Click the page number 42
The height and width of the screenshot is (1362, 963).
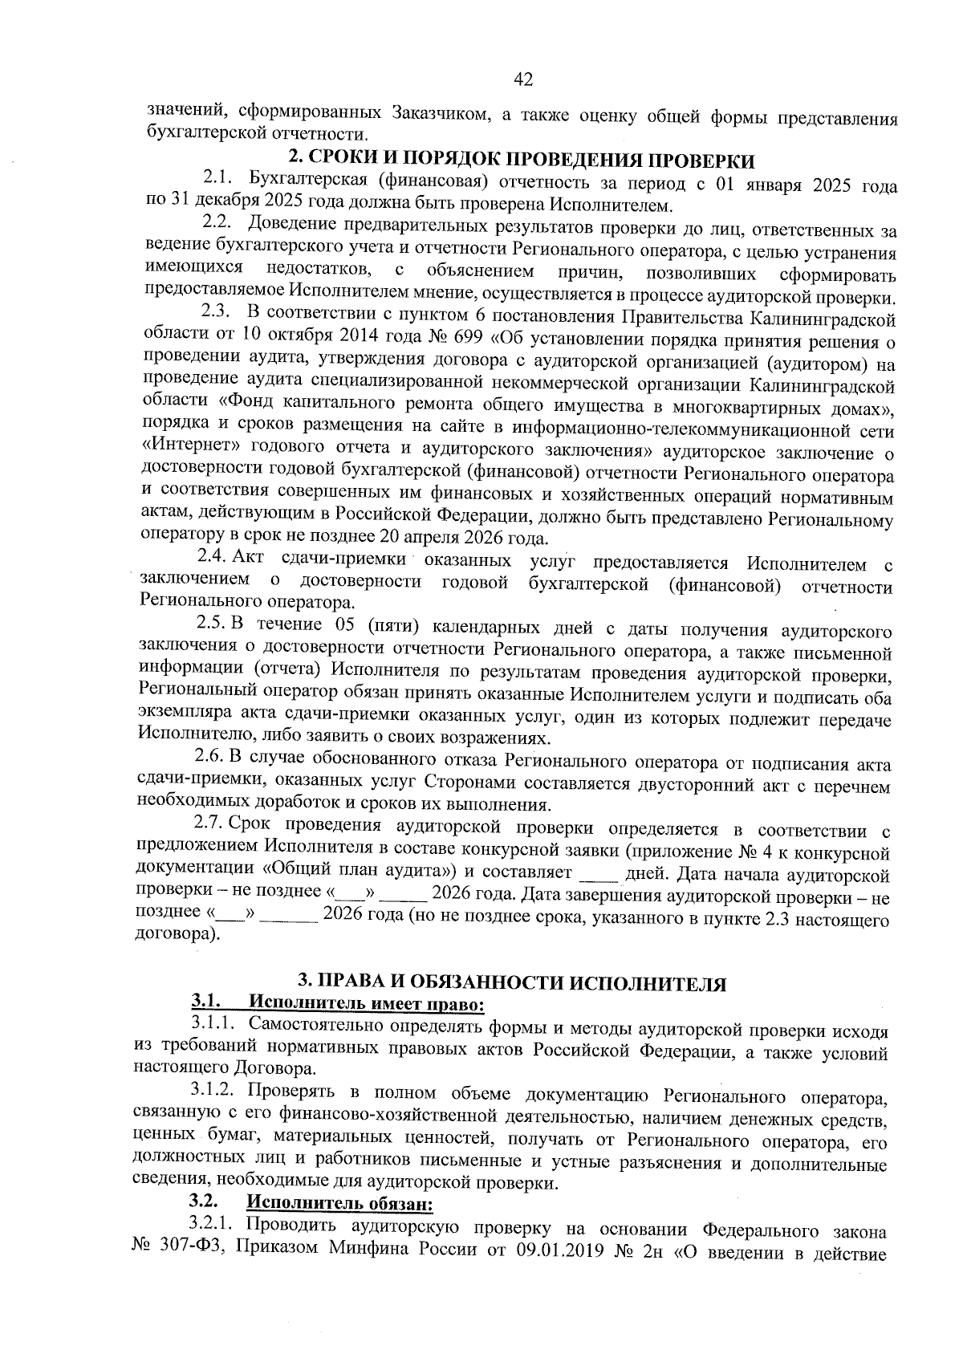click(x=522, y=79)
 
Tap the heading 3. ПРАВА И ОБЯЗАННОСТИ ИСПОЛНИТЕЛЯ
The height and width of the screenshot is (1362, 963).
click(x=512, y=983)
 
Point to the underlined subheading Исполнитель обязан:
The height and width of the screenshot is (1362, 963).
click(x=340, y=1204)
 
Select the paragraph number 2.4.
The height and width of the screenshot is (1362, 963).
click(x=213, y=559)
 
